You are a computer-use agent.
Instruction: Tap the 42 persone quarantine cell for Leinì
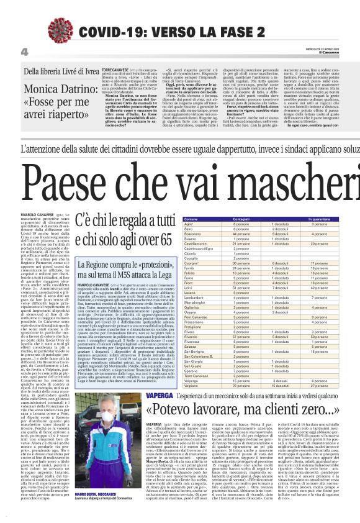(x=319, y=288)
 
